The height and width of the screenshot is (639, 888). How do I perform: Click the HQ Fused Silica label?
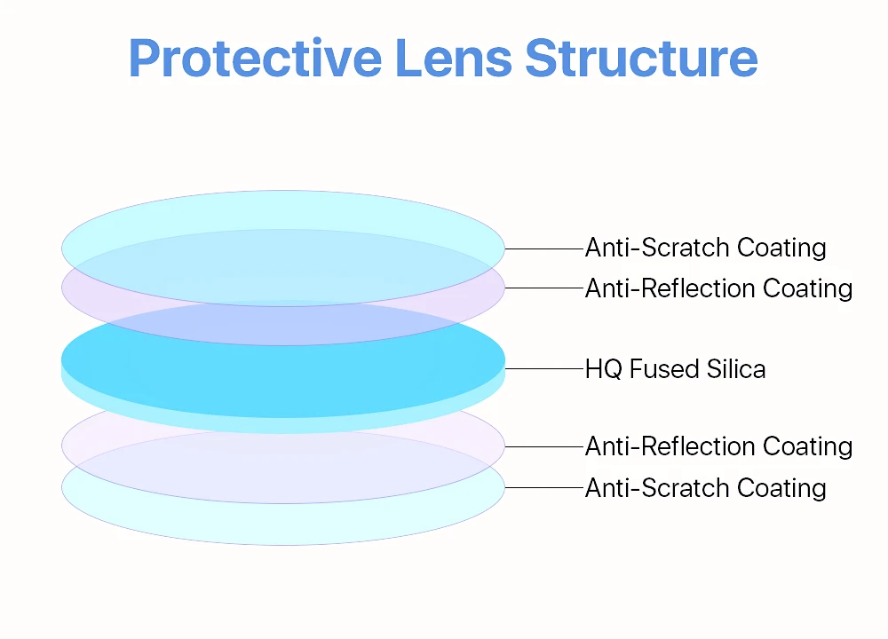point(675,368)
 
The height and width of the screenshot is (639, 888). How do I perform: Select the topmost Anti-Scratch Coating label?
point(705,248)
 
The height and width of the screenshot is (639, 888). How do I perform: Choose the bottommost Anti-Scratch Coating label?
point(705,488)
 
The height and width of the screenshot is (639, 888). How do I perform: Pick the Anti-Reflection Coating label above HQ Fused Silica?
point(718,288)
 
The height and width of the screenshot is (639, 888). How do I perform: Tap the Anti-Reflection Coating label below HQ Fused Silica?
point(718,446)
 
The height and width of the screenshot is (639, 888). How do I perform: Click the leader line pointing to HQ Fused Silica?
point(543,368)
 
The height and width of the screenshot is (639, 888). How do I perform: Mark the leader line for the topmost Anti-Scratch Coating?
point(543,249)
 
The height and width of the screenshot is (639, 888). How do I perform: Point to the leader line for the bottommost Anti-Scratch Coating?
point(543,487)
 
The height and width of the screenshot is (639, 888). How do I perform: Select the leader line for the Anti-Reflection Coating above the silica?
point(543,288)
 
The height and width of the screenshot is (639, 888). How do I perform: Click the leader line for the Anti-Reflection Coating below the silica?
point(543,446)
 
